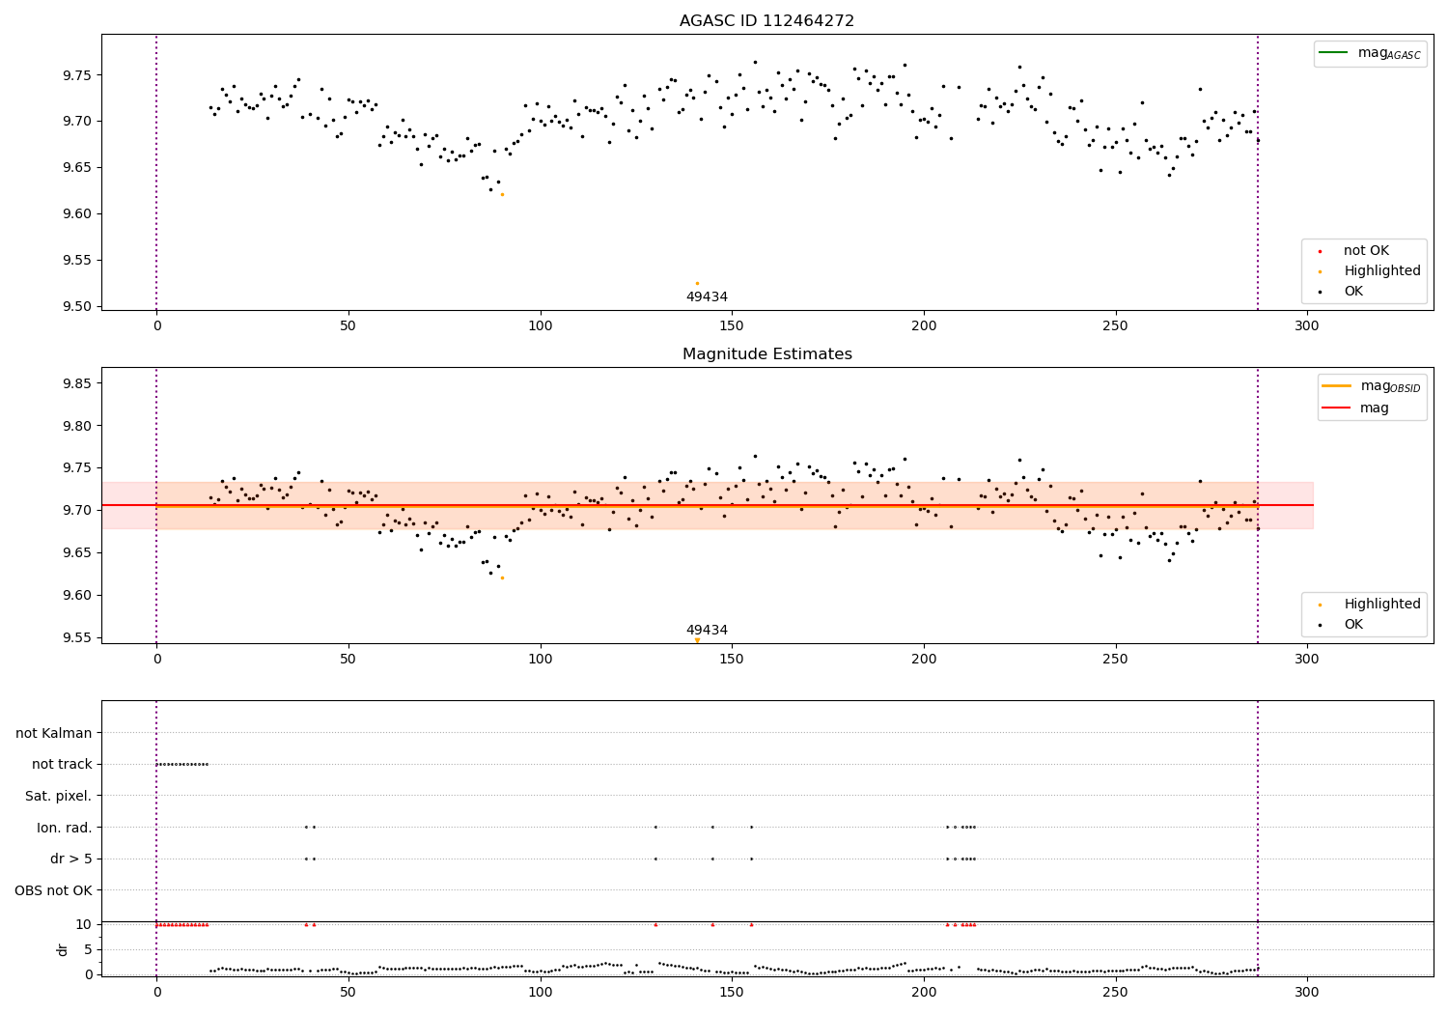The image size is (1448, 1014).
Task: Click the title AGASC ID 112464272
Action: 766,21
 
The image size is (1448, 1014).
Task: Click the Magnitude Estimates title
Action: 766,354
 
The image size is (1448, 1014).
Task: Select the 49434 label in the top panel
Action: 707,297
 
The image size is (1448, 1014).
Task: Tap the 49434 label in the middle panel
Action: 707,631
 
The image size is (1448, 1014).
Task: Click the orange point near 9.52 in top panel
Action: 697,283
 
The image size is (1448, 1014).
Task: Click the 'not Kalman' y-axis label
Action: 54,733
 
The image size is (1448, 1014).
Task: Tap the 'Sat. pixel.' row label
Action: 59,796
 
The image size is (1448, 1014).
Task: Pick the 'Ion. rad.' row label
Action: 65,828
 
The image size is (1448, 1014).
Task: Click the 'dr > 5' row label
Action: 71,859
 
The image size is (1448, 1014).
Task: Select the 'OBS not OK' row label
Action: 54,890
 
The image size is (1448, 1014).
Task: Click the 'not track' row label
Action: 62,765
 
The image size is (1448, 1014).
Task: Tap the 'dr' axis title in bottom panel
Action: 63,949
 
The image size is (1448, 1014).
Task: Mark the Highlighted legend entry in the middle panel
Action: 1381,605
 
